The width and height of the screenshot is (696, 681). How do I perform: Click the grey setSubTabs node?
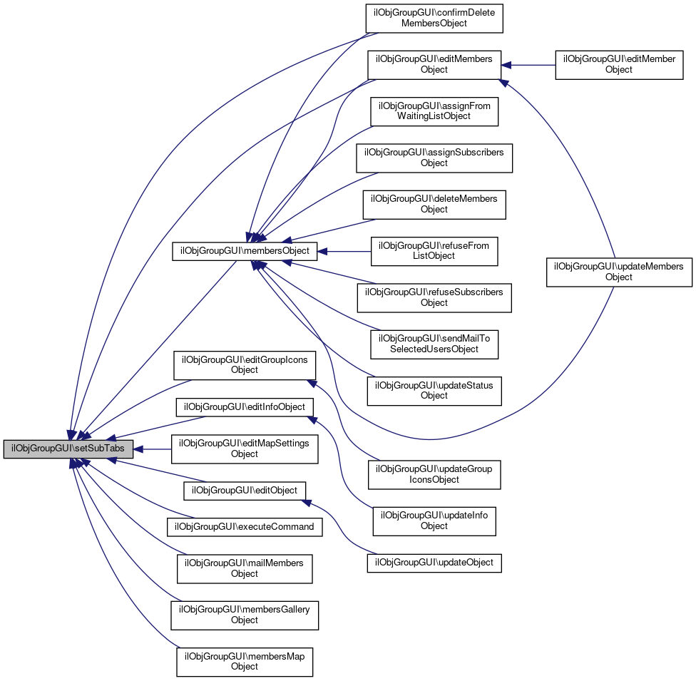[68, 450]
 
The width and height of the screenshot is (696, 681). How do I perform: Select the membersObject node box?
[245, 251]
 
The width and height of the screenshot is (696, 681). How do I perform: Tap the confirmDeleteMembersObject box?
[434, 18]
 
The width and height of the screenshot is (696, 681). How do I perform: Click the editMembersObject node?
[434, 64]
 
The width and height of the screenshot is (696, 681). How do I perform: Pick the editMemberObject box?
[619, 64]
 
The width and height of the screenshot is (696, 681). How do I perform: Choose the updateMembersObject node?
[619, 272]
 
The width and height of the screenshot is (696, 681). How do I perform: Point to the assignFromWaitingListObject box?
[434, 111]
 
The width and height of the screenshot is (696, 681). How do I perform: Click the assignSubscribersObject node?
[434, 158]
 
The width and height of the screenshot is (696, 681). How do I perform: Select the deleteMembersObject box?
[434, 204]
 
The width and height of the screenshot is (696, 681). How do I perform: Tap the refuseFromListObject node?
[434, 251]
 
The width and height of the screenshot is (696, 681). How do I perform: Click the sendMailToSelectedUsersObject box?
[434, 344]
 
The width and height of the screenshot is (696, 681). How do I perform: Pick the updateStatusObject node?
[434, 390]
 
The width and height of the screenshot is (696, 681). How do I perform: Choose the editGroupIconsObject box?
[245, 365]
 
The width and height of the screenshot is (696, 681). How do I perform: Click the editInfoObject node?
[245, 407]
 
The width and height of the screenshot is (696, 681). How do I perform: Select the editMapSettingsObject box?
[245, 449]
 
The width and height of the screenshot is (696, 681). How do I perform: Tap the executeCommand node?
[245, 528]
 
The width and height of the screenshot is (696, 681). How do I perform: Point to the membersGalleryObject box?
[245, 615]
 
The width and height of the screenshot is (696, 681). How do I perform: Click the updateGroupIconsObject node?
[434, 474]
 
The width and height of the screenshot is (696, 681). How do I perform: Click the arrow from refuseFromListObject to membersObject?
[346, 251]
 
